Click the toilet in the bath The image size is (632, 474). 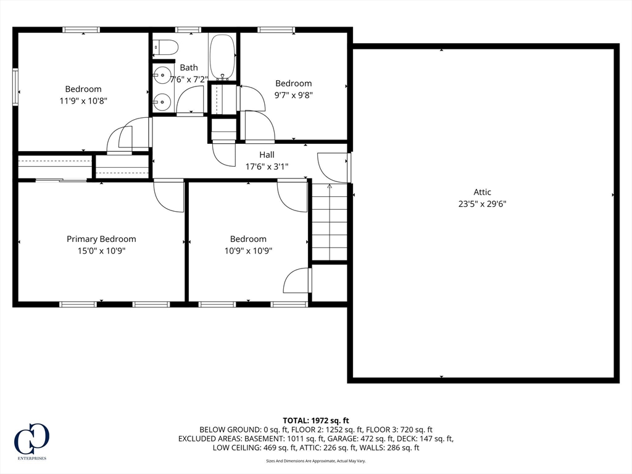click(166, 47)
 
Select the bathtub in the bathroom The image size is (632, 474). click(222, 56)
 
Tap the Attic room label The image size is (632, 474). click(482, 192)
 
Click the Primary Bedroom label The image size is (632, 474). click(101, 239)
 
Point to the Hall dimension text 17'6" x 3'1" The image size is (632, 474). click(267, 166)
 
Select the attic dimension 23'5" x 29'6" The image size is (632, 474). click(482, 204)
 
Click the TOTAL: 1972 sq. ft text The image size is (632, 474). click(315, 421)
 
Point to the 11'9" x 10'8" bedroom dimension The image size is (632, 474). click(83, 101)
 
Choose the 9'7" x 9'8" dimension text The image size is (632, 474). click(293, 95)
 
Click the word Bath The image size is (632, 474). click(189, 67)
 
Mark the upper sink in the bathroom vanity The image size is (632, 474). click(162, 75)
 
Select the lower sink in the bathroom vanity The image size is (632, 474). click(162, 102)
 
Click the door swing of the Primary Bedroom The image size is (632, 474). click(169, 196)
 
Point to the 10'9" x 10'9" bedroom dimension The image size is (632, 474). click(248, 251)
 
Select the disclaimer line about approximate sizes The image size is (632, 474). click(315, 460)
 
